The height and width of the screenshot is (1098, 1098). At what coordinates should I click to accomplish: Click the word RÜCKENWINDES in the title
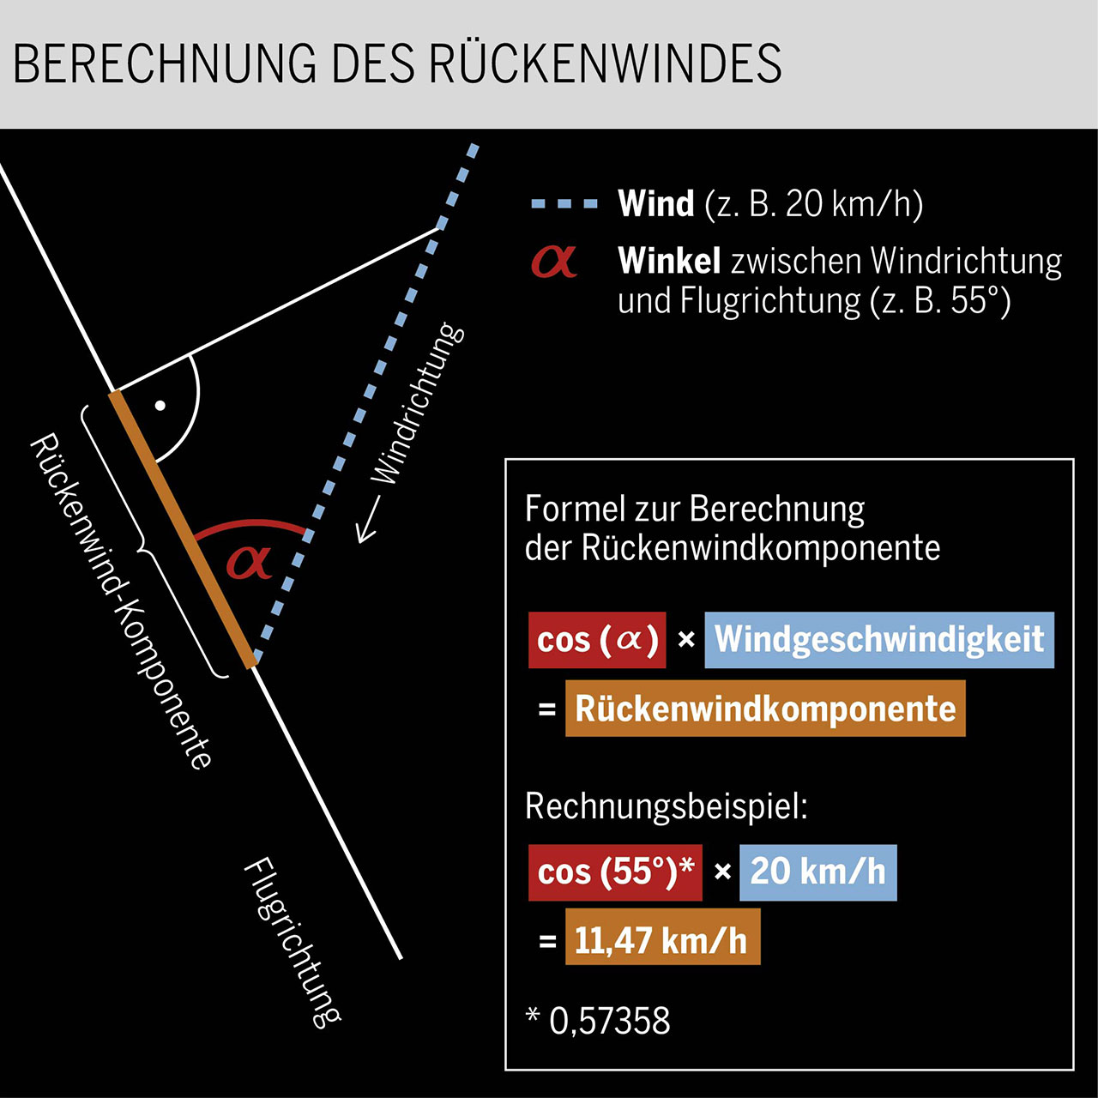[x=605, y=63]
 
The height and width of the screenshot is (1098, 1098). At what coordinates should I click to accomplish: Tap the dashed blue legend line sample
[x=564, y=204]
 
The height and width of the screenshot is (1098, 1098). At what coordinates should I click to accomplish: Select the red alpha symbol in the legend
[x=553, y=261]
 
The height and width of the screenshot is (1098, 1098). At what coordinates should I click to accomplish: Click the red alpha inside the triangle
[x=249, y=562]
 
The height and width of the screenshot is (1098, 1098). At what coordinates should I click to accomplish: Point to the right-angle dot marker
[x=160, y=405]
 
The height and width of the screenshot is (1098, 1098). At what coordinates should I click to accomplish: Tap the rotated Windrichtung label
[x=418, y=403]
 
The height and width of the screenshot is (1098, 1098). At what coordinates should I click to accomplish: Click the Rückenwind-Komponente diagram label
[x=121, y=600]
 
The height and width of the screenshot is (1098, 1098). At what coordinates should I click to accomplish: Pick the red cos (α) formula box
[x=597, y=640]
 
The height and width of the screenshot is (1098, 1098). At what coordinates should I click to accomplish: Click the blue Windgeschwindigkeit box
[x=879, y=640]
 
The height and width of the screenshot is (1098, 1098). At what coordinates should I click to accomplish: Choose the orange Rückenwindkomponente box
[x=765, y=709]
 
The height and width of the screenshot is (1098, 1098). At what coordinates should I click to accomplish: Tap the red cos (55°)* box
[x=615, y=872]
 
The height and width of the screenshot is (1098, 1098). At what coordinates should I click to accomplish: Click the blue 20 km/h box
[x=817, y=872]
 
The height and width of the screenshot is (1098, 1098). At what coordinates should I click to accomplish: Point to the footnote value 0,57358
[x=609, y=1021]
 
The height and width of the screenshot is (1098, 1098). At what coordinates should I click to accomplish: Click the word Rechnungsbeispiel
[x=666, y=806]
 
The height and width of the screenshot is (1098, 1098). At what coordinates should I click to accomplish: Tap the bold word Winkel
[x=669, y=261]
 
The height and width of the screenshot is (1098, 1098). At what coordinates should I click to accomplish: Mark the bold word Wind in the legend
[x=655, y=204]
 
